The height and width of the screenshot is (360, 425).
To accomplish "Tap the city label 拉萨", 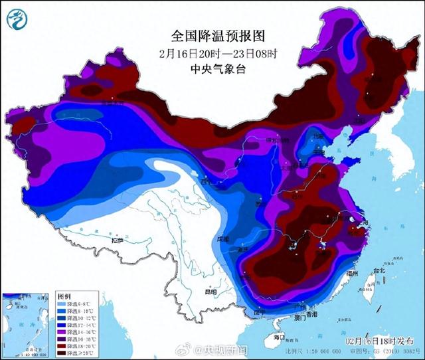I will pos(118,240).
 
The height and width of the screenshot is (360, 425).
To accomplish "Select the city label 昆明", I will pos(192,291).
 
